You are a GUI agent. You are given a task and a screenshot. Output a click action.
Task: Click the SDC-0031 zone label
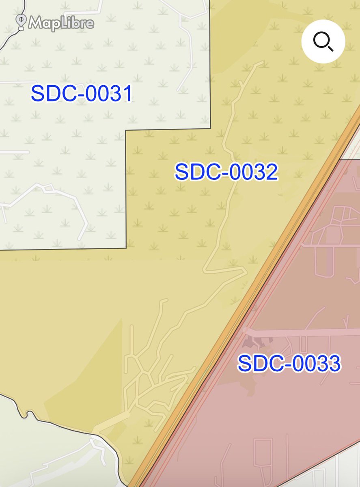coord(82,94)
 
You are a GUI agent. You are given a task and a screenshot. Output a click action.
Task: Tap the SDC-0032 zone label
coord(226,172)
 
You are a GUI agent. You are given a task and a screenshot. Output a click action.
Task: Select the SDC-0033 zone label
coord(289,363)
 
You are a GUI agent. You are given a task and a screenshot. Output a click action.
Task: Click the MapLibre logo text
coord(61,23)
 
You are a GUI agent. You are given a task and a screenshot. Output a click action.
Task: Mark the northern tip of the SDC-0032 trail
coord(262,62)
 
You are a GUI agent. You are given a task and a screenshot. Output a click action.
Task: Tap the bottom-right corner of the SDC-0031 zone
coord(126,247)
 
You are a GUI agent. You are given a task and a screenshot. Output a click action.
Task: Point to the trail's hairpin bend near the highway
coord(245,271)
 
